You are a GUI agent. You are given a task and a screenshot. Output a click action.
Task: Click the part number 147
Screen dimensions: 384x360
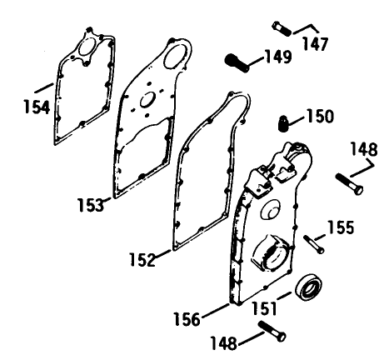pyautogui.click(x=315, y=43)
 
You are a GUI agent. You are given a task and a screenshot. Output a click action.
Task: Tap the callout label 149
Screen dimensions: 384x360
pyautogui.click(x=278, y=57)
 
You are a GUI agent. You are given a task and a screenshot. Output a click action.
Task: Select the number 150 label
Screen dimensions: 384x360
pyautogui.click(x=320, y=116)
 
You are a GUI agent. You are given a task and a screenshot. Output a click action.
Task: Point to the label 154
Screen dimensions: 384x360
pyautogui.click(x=37, y=107)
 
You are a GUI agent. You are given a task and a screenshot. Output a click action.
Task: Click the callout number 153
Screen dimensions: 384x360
pyautogui.click(x=90, y=204)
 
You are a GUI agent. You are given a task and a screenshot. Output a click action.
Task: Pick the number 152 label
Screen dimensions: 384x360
pyautogui.click(x=142, y=260)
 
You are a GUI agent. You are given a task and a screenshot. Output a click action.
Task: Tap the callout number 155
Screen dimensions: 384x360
pyautogui.click(x=341, y=227)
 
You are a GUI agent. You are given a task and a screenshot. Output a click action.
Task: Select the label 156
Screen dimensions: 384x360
pyautogui.click(x=187, y=319)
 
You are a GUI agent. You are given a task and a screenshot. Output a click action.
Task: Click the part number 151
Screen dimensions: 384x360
pyautogui.click(x=264, y=308)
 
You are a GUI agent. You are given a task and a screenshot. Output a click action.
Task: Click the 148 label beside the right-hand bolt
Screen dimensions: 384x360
pyautogui.click(x=364, y=149)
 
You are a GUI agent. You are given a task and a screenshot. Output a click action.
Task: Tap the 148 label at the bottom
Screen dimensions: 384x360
pyautogui.click(x=224, y=342)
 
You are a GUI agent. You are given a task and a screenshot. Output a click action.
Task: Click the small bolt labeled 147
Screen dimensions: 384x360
pyautogui.click(x=282, y=28)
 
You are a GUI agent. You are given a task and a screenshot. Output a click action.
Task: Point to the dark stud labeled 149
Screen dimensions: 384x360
pyautogui.click(x=237, y=63)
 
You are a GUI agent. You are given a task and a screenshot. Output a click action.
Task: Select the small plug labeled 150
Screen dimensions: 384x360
pyautogui.click(x=282, y=123)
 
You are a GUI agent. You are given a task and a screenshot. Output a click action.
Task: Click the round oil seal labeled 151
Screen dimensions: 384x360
pyautogui.click(x=308, y=287)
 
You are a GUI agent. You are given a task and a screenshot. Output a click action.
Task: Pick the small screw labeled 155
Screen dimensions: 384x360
pyautogui.click(x=313, y=244)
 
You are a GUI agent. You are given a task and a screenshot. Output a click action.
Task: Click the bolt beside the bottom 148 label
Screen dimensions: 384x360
pyautogui.click(x=272, y=331)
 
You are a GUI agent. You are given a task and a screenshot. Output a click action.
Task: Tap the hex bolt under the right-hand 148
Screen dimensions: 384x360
pyautogui.click(x=349, y=183)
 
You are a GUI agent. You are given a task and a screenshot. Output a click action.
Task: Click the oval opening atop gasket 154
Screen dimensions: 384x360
pyautogui.click(x=87, y=47)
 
